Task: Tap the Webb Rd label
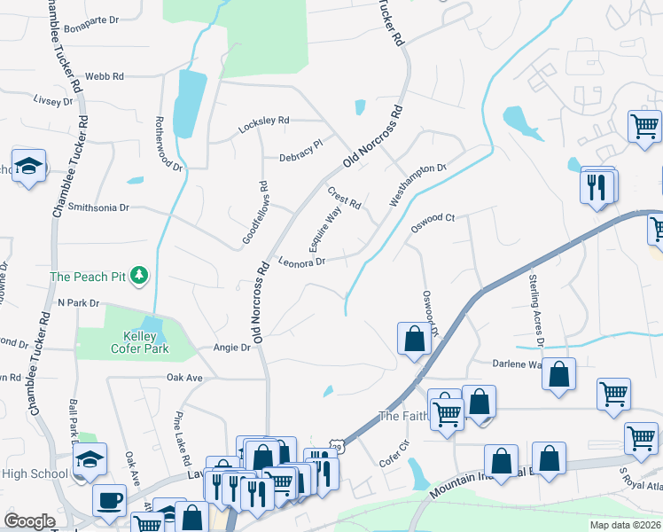click(x=104, y=77)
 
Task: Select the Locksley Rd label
click(x=263, y=125)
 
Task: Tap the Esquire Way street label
click(x=324, y=228)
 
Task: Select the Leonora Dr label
click(x=302, y=262)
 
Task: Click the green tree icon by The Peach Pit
click(x=138, y=277)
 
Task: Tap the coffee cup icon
click(x=109, y=499)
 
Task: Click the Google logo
click(x=29, y=521)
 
